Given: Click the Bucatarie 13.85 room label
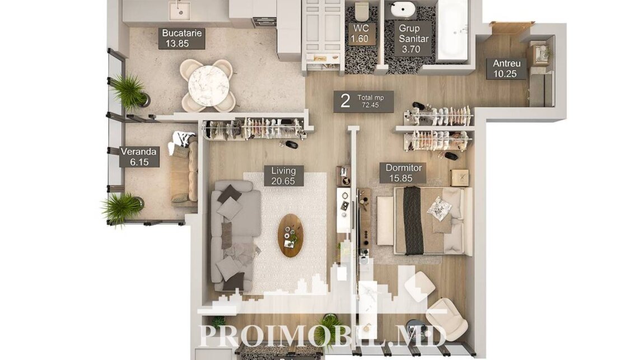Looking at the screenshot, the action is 181,38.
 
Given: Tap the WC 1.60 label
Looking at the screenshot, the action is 360,34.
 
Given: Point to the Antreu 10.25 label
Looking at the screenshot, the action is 506,68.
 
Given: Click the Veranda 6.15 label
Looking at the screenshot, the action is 139,157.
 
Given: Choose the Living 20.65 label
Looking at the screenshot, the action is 283,176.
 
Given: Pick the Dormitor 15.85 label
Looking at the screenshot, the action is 403,173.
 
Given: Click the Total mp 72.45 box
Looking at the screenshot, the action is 363,101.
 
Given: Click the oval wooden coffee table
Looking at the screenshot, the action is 291,235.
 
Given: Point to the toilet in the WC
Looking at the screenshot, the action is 362,11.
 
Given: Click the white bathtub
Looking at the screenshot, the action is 452,31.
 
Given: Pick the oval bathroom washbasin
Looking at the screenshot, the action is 403,9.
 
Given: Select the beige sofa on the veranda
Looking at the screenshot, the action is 184,170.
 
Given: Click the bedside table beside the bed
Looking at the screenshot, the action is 460,177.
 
